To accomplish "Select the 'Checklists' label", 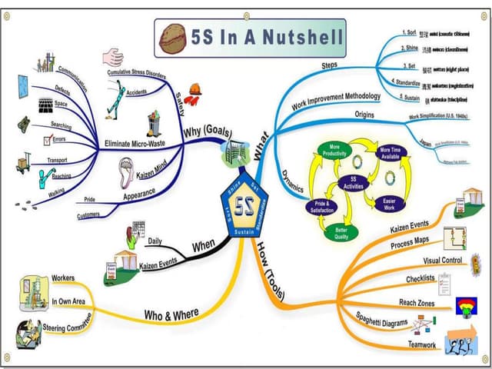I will [x=420, y=278].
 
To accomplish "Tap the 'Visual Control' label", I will [x=442, y=261].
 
